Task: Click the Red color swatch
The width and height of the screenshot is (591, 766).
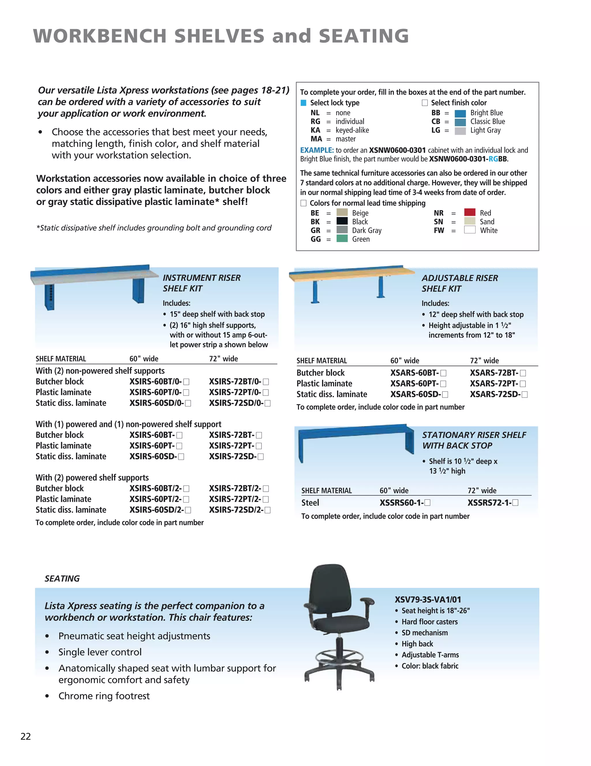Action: click(470, 212)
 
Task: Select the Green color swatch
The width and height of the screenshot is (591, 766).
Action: click(342, 239)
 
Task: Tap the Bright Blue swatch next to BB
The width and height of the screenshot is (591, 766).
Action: click(460, 113)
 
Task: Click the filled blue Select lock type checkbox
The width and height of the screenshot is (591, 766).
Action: click(303, 103)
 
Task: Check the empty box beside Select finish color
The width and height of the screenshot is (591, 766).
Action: click(424, 103)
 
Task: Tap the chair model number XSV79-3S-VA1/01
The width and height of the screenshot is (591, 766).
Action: click(428, 599)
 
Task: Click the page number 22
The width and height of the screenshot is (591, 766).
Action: click(26, 736)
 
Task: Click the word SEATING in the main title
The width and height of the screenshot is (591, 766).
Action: click(363, 36)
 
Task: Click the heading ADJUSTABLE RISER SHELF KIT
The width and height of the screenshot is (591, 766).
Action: click(459, 283)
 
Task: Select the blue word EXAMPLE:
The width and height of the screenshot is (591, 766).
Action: click(317, 150)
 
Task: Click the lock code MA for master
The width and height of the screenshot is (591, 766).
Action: click(316, 139)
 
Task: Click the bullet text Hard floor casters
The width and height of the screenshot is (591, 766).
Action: click(429, 622)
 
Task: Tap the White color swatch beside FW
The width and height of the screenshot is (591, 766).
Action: click(470, 230)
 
